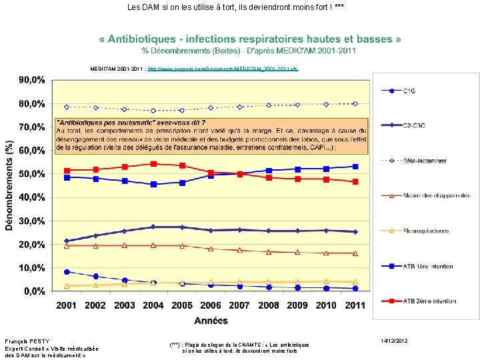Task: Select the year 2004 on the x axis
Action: point(153,305)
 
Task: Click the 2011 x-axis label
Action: point(355,305)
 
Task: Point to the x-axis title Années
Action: point(211,321)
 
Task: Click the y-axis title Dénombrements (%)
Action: point(9,185)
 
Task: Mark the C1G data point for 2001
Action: point(66,272)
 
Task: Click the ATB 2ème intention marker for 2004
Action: point(153,163)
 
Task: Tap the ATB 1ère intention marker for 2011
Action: point(355,167)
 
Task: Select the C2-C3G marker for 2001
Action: point(66,241)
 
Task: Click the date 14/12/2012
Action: point(394,341)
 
